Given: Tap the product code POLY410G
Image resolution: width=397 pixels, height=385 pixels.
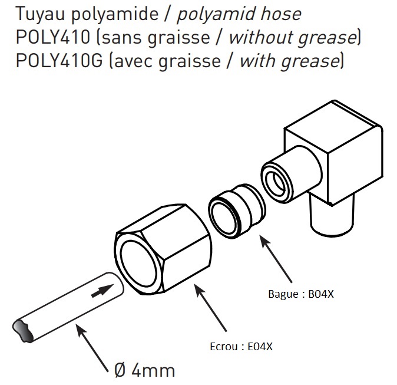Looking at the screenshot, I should click(x=52, y=61).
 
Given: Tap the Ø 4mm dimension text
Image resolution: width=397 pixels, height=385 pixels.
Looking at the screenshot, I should click(x=144, y=370).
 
